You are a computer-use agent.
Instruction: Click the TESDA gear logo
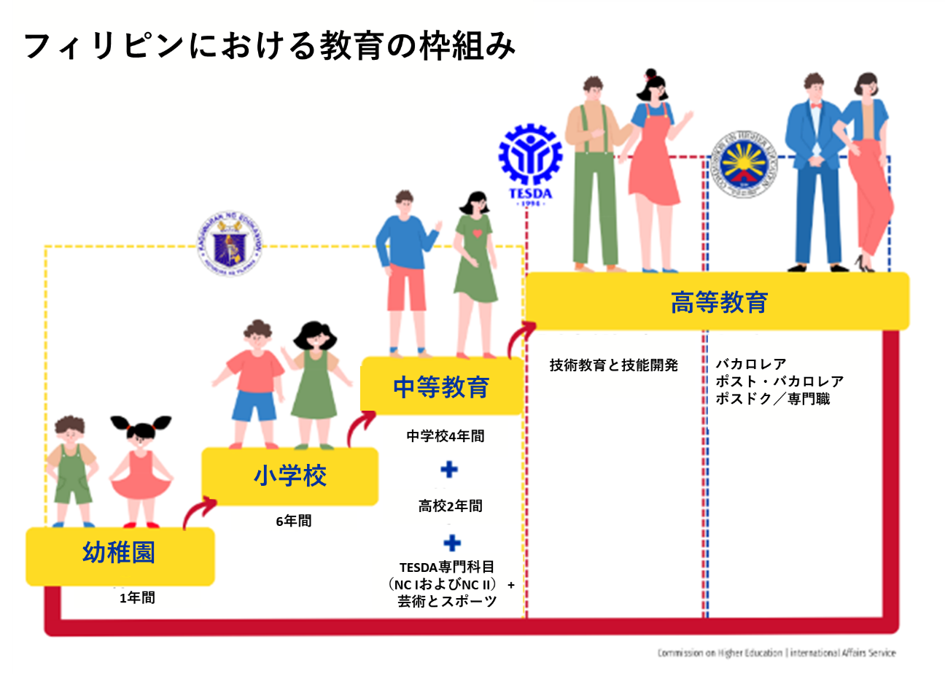(530, 162)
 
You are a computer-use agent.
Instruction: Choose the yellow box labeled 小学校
(290, 476)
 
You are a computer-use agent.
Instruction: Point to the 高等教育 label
(719, 301)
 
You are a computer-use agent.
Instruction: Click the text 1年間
(137, 599)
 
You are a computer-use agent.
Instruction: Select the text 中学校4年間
(446, 437)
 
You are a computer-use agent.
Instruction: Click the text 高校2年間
(450, 505)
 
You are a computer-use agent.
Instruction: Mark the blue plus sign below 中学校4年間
(450, 470)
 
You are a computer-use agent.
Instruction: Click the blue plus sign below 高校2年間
(452, 543)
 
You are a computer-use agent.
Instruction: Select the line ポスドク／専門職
(772, 399)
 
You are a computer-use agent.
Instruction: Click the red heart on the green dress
(476, 233)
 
